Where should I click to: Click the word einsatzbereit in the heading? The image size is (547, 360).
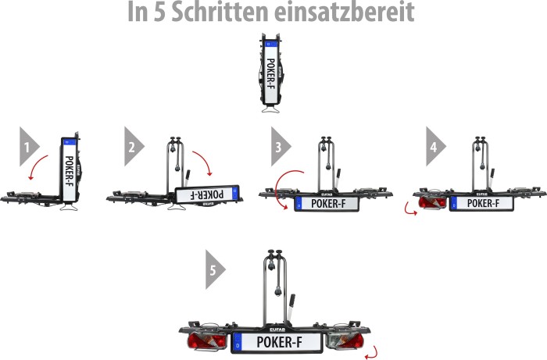point(345,12)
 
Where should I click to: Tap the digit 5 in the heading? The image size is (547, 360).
point(159,12)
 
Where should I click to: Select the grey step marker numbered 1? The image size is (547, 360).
point(30,147)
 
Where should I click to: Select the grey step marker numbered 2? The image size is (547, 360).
point(134,147)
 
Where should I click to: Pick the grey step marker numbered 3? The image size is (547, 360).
point(281,147)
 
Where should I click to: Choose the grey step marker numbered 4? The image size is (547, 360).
point(436,147)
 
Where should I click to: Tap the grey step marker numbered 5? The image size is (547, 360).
point(216,269)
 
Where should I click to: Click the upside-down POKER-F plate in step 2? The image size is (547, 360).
point(207,194)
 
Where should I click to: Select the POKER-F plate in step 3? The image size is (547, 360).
point(327,204)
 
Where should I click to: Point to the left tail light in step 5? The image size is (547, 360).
point(206,340)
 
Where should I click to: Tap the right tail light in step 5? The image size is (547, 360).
point(345,340)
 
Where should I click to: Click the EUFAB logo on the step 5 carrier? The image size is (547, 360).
point(277,330)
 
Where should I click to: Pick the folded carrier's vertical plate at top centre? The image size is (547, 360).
point(270,73)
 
